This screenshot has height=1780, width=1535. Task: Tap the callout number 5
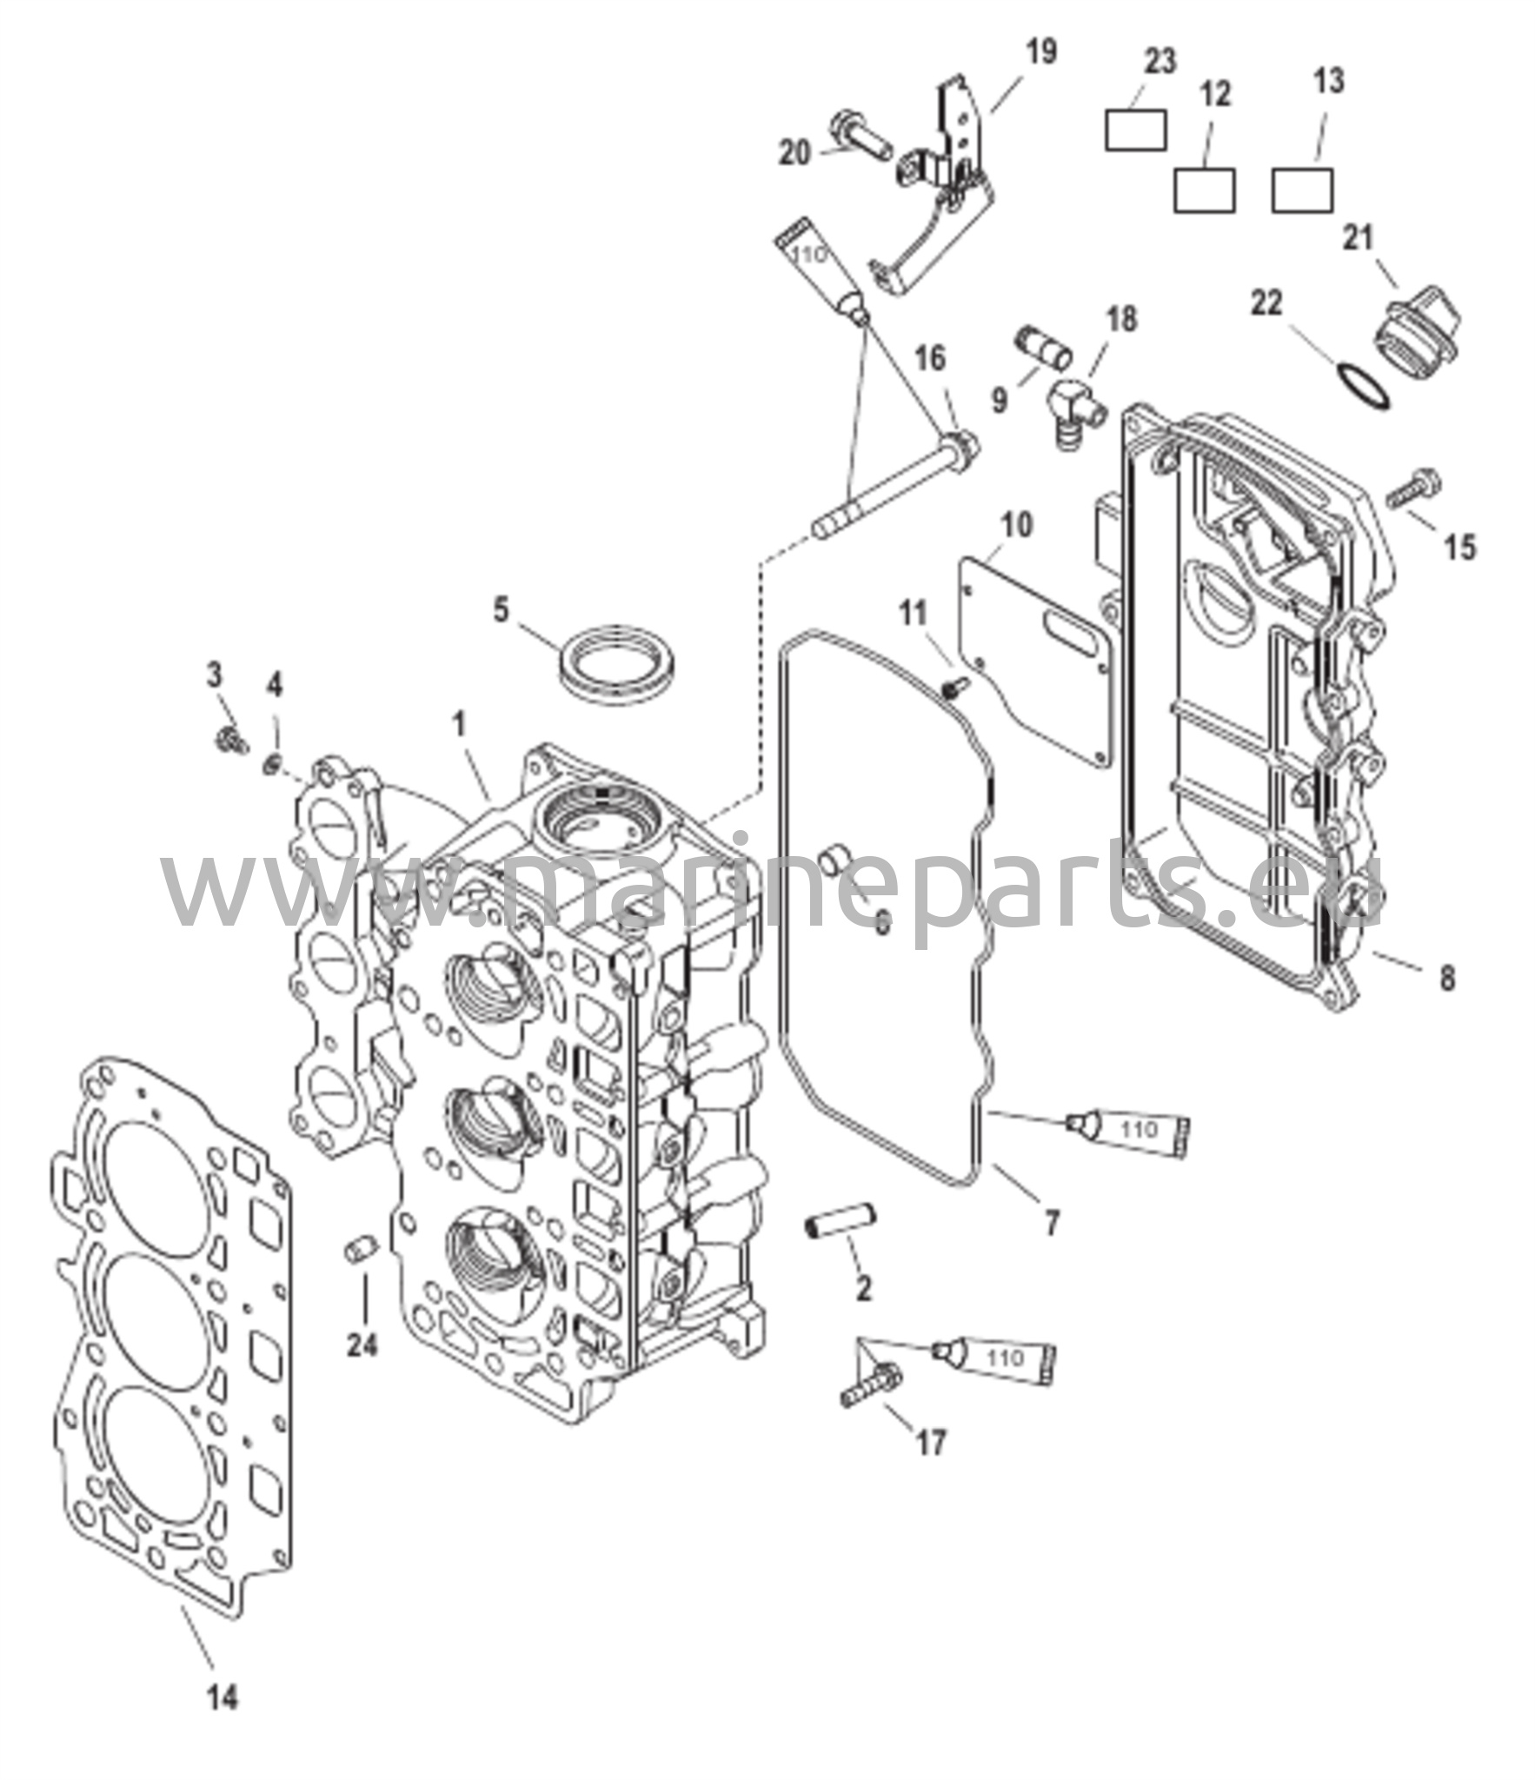pos(501,609)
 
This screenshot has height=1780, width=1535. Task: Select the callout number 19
pos(1041,52)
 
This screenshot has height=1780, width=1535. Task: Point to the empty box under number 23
pos(1135,130)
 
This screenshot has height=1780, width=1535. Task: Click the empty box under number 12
pos(1204,190)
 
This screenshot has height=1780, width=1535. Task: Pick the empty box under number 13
pos(1302,190)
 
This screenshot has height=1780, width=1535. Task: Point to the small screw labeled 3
pos(231,741)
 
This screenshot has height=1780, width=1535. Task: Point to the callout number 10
pos(1016,525)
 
